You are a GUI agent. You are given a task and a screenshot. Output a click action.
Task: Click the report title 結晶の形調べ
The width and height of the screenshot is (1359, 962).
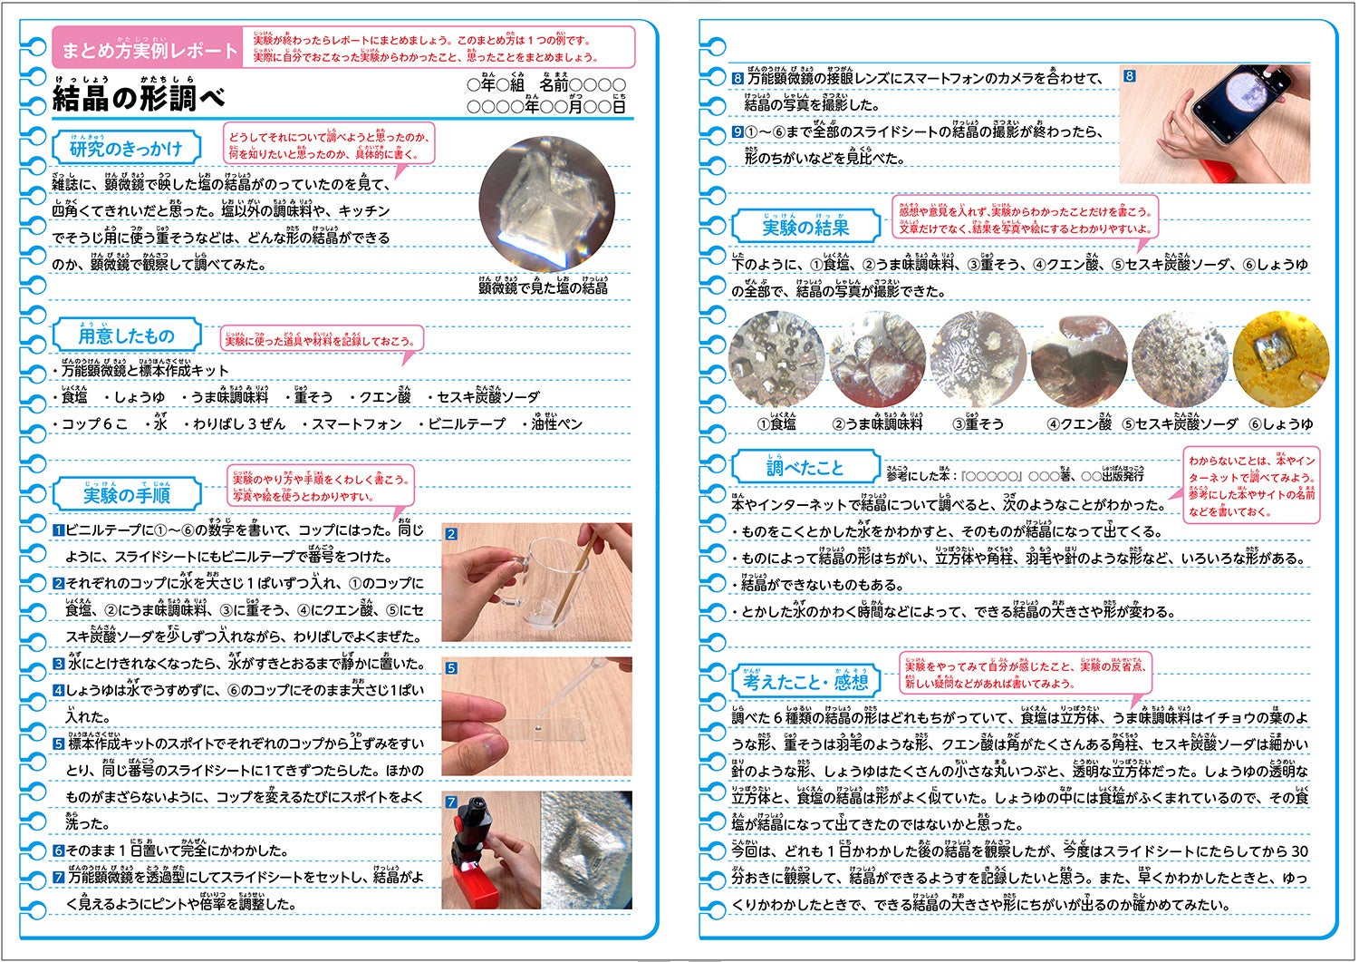tap(139, 99)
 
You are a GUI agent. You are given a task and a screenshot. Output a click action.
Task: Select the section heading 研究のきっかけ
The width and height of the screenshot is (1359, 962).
tap(126, 149)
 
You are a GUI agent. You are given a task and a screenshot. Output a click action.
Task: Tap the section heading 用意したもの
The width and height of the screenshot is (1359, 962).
tap(126, 335)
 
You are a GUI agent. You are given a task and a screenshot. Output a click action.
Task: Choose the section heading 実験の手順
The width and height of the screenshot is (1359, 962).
tap(127, 495)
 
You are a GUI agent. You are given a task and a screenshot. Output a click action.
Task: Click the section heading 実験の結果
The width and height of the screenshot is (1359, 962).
tap(805, 227)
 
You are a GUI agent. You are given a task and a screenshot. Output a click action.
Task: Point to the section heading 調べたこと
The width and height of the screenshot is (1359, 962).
tap(805, 468)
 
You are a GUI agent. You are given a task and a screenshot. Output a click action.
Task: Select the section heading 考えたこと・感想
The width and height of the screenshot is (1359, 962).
tap(805, 682)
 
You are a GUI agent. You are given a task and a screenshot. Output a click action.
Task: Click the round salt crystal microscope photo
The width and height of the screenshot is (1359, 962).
tap(546, 205)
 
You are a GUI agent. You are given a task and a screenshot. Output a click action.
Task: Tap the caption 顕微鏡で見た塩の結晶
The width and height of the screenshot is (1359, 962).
tap(543, 287)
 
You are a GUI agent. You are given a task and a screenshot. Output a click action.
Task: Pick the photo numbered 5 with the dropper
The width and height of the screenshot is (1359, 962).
tap(536, 716)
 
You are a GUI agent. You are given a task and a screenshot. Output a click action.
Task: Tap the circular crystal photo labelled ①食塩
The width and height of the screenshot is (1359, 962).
tap(776, 360)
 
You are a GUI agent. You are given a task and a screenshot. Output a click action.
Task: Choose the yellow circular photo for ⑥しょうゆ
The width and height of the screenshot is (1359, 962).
tap(1280, 360)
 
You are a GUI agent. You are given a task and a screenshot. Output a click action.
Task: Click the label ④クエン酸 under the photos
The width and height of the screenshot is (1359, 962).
tap(1079, 423)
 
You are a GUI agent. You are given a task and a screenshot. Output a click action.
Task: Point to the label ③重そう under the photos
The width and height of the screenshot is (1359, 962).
tap(978, 423)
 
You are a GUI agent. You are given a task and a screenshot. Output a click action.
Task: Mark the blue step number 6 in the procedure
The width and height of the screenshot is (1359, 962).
tap(58, 851)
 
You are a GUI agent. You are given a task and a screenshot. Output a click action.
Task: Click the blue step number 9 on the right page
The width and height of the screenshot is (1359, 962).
tap(737, 132)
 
